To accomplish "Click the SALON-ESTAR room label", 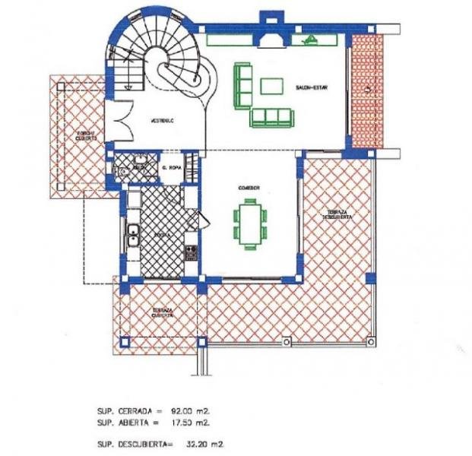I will [x=311, y=88].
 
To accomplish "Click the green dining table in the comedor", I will [x=249, y=222].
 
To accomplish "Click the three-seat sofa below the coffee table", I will [x=271, y=117].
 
